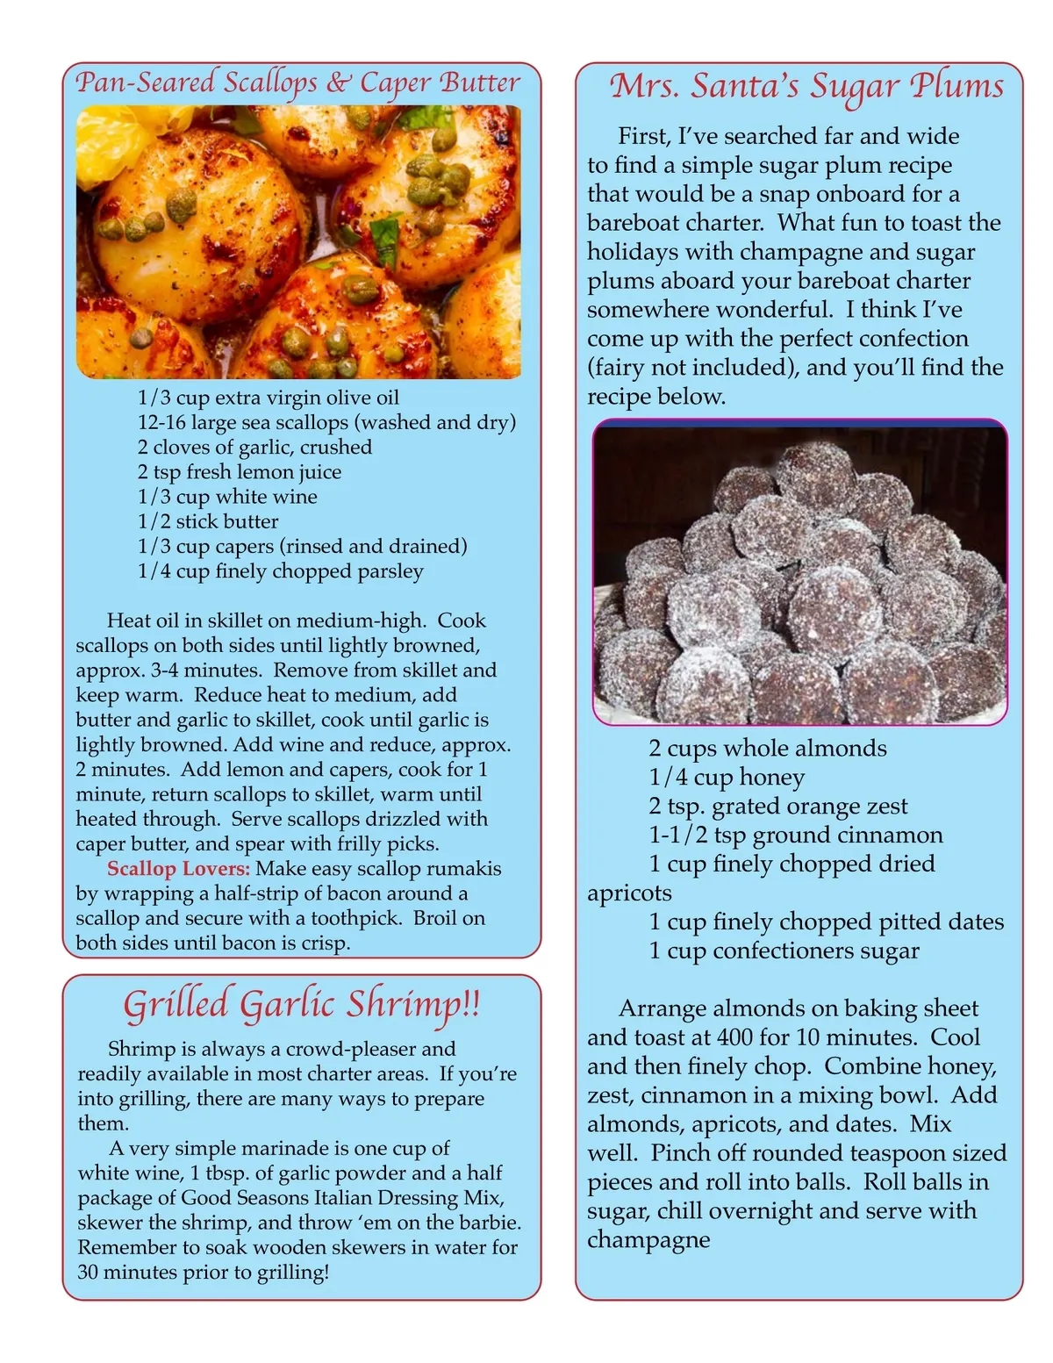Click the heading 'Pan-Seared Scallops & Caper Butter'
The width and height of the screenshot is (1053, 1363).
click(298, 82)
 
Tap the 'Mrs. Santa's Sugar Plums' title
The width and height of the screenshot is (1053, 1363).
click(806, 86)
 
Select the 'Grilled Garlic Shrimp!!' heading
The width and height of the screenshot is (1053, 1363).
click(302, 1004)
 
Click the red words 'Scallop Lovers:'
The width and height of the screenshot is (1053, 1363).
click(178, 869)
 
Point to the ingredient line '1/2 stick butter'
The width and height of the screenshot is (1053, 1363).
click(208, 521)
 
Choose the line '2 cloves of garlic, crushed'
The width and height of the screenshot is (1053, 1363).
click(254, 448)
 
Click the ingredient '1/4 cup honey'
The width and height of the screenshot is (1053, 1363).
click(727, 778)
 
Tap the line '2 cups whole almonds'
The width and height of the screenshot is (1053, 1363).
click(768, 749)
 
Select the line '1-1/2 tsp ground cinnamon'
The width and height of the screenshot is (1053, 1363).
click(796, 835)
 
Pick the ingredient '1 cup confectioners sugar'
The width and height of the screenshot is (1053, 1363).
click(784, 951)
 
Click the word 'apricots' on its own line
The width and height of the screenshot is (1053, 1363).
click(629, 893)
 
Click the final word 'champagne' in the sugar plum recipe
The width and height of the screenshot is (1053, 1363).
click(648, 1239)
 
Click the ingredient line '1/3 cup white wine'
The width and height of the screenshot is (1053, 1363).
click(227, 497)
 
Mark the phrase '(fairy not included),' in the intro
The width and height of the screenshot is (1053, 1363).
click(693, 367)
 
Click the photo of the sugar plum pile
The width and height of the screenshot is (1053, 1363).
click(799, 572)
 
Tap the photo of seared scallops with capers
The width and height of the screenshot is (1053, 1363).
click(298, 242)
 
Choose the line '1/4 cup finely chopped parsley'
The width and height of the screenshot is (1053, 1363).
click(281, 571)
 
